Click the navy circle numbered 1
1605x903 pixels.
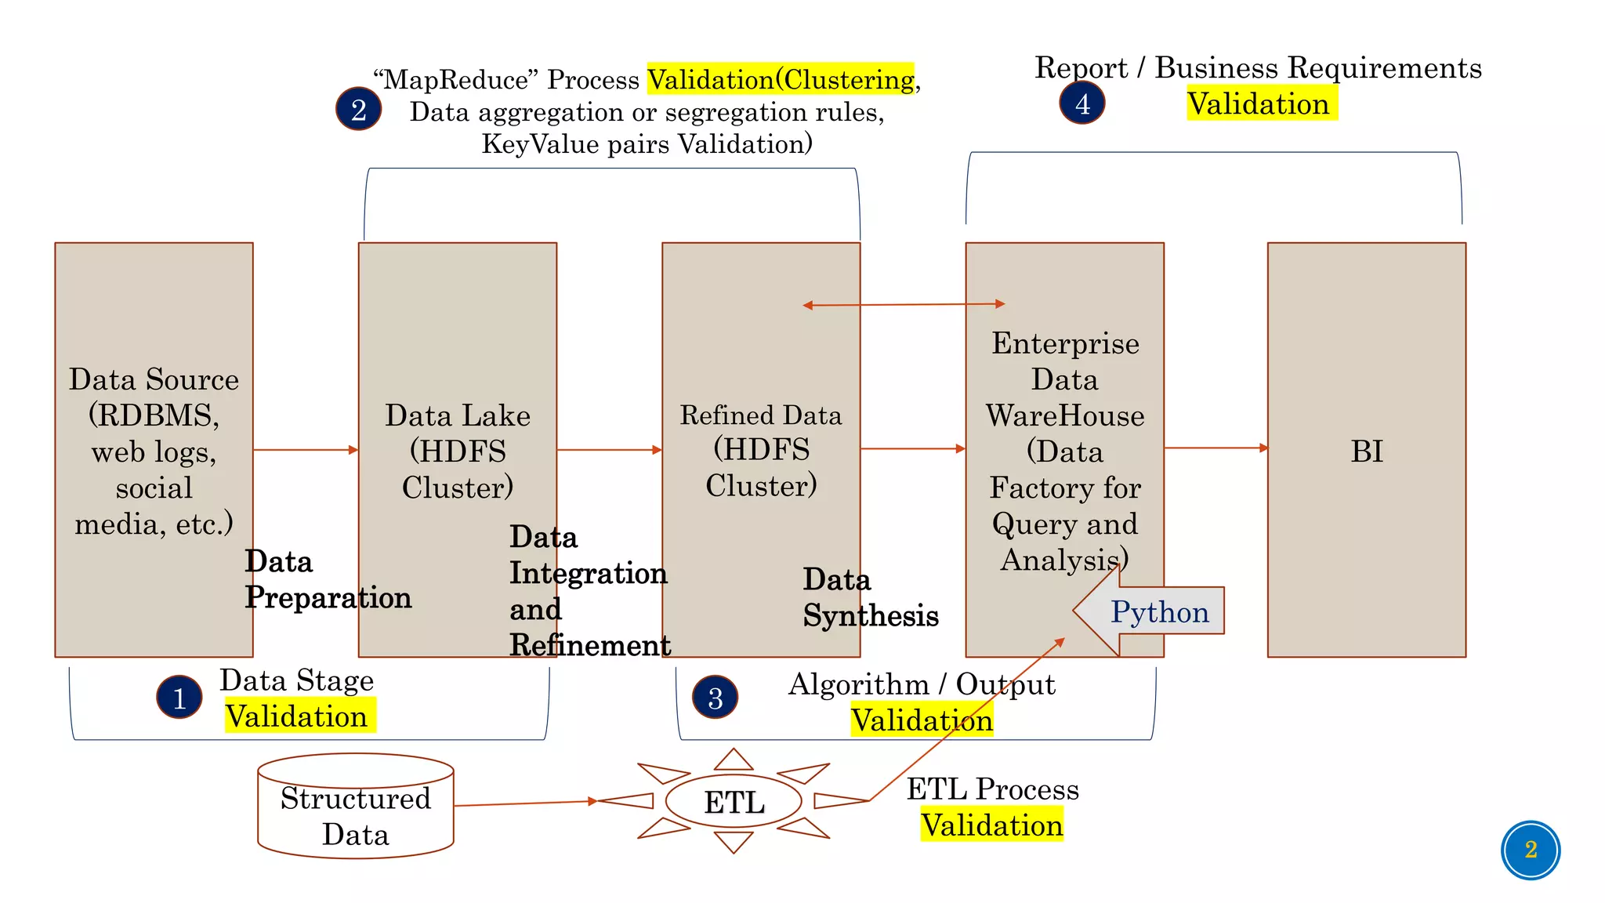[x=179, y=697]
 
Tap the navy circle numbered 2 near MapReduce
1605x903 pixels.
[x=358, y=109]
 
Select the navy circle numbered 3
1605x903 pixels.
[x=715, y=697]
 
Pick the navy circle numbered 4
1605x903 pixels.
[x=1081, y=103]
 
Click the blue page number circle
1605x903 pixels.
[x=1530, y=850]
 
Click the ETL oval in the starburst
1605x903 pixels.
[x=734, y=801]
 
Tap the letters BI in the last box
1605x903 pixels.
[x=1366, y=451]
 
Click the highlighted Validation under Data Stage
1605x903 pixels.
[x=297, y=716]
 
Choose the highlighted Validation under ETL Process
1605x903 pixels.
[x=991, y=825]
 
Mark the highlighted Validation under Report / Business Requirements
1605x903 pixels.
[x=1258, y=103]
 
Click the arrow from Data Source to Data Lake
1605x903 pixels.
[x=305, y=450]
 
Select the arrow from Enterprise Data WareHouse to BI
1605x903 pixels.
[x=1215, y=448]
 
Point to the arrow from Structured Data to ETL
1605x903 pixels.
[x=525, y=803]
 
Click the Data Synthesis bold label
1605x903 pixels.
[x=869, y=597]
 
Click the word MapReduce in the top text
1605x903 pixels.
[x=455, y=79]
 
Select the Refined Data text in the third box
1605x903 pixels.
[x=760, y=415]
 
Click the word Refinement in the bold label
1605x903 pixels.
[x=589, y=645]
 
